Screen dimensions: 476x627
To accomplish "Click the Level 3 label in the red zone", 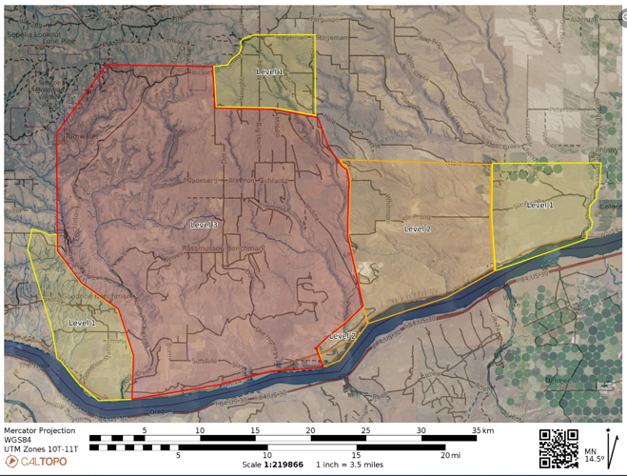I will pyautogui.click(x=205, y=225).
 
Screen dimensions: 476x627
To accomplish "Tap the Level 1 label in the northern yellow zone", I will pyautogui.click(x=269, y=71).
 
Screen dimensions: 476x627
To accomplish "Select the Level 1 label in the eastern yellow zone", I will pyautogui.click(x=539, y=205).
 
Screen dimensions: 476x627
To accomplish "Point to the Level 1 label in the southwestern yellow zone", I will pyautogui.click(x=82, y=324).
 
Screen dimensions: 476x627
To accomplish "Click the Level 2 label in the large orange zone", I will pyautogui.click(x=418, y=228).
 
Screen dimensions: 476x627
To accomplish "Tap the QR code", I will pyautogui.click(x=558, y=448).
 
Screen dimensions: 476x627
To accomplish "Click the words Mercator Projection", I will pyautogui.click(x=39, y=431).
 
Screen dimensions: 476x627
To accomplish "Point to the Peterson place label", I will pyautogui.click(x=562, y=109).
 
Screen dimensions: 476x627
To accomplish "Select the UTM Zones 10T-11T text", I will pyautogui.click(x=43, y=448).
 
